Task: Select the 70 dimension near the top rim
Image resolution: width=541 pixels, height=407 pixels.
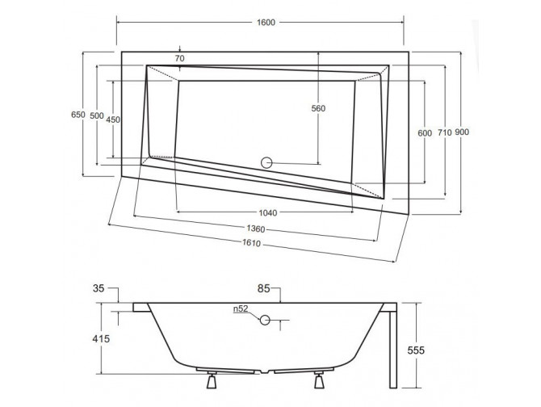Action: pyautogui.click(x=180, y=59)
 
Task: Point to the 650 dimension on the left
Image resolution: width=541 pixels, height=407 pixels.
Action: pyautogui.click(x=78, y=115)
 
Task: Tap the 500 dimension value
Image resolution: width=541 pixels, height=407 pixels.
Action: pyautogui.click(x=97, y=116)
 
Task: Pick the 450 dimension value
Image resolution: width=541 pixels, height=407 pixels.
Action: pyautogui.click(x=113, y=120)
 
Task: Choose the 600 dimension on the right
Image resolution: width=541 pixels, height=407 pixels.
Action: pyautogui.click(x=425, y=132)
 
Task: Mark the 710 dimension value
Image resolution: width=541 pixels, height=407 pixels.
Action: pyautogui.click(x=443, y=132)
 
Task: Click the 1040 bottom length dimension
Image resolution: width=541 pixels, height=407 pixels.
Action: pyautogui.click(x=269, y=213)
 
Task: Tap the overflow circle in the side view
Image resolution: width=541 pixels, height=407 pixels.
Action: pyautogui.click(x=265, y=321)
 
